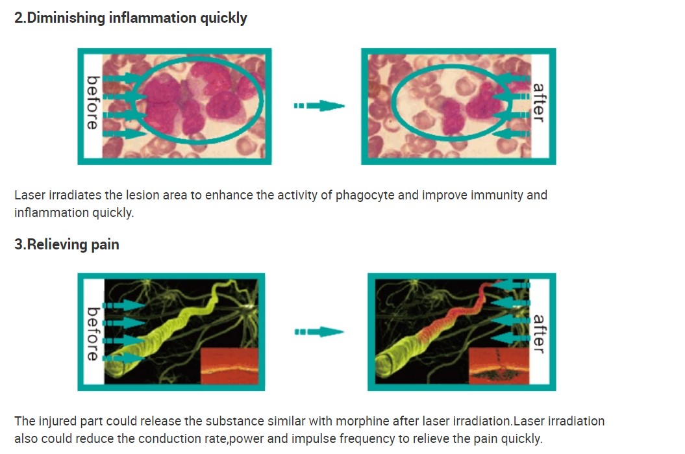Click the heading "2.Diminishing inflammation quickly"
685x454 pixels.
pos(131,18)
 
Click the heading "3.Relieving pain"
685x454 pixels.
pos(67,244)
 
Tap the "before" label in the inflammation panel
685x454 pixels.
pos(93,103)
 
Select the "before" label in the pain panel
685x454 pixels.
pos(93,334)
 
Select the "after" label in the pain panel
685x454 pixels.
pos(539,334)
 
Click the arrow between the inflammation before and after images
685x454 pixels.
pos(319,105)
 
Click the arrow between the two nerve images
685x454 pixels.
pos(319,332)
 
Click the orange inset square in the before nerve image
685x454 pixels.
pos(229,366)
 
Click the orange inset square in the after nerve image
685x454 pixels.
pos(499,366)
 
